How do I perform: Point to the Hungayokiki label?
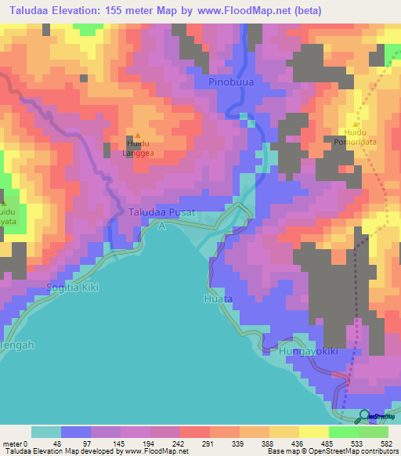click(308, 352)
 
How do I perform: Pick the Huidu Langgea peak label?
click(139, 148)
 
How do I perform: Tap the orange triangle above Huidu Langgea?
click(139, 135)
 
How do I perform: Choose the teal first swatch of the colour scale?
click(46, 432)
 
